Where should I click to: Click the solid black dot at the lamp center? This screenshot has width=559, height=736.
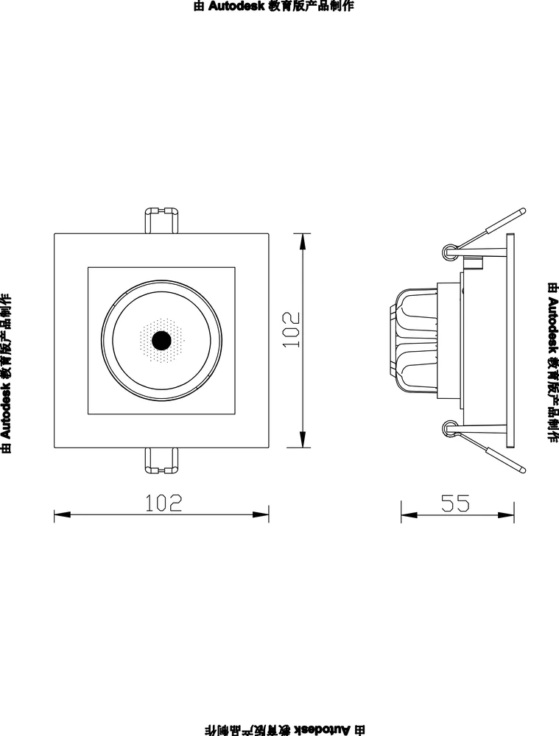click(161, 340)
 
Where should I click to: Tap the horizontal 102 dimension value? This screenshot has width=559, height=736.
click(163, 503)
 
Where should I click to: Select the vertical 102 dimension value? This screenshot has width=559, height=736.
click(291, 330)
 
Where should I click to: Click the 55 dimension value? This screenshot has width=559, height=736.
click(455, 503)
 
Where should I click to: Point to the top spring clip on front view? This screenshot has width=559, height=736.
click(161, 220)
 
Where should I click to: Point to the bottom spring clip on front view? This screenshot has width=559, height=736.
click(161, 461)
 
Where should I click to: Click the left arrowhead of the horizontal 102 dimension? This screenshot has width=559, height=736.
click(62, 514)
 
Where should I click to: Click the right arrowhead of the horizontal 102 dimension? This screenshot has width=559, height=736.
click(261, 514)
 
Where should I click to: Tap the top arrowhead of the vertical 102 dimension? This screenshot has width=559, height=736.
click(303, 241)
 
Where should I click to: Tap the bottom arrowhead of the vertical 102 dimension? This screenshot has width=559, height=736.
click(303, 439)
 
